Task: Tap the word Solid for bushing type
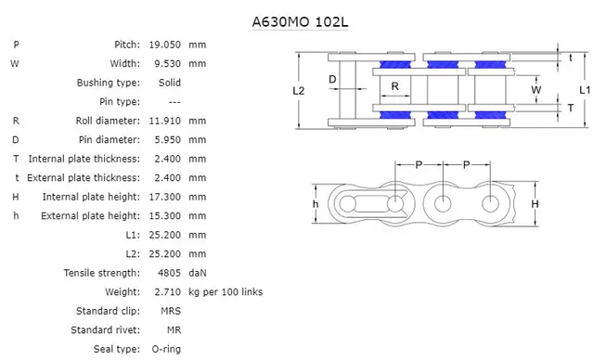click(168, 83)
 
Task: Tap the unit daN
click(198, 273)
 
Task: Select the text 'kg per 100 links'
click(226, 292)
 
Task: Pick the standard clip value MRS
click(170, 311)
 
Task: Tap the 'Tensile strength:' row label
click(102, 273)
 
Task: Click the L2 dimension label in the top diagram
click(299, 91)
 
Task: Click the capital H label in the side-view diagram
click(535, 203)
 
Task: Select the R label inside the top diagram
click(394, 86)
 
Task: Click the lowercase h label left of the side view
click(316, 203)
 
